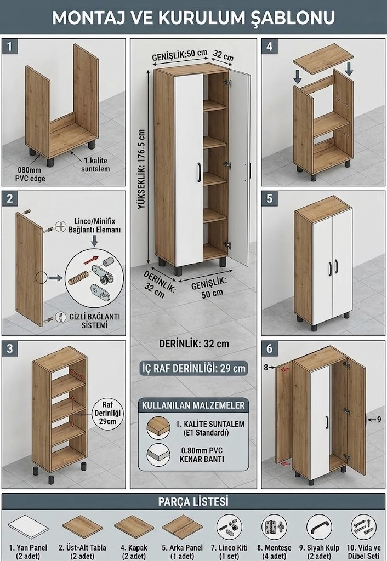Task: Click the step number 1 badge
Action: pyautogui.click(x=10, y=47)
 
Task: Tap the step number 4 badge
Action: pyautogui.click(x=270, y=47)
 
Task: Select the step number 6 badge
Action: pyautogui.click(x=270, y=348)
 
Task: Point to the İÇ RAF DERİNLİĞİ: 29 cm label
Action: pyautogui.click(x=194, y=368)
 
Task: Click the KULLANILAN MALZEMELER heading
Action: pyautogui.click(x=193, y=405)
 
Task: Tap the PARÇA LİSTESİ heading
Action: pyautogui.click(x=193, y=502)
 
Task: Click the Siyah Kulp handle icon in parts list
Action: pyautogui.click(x=319, y=528)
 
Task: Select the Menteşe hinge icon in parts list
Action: pyautogui.click(x=274, y=528)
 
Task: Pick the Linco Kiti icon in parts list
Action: pyautogui.click(x=229, y=528)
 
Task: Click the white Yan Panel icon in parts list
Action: pyautogui.click(x=28, y=528)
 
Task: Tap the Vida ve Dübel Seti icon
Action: pyautogui.click(x=363, y=528)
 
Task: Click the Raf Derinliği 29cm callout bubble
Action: pyautogui.click(x=108, y=413)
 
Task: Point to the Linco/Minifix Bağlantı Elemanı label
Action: pyautogui.click(x=94, y=225)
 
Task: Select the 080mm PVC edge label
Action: pyautogui.click(x=30, y=174)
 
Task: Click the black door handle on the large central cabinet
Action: pyautogui.click(x=199, y=172)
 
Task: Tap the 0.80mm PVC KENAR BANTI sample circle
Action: pyautogui.click(x=158, y=454)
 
